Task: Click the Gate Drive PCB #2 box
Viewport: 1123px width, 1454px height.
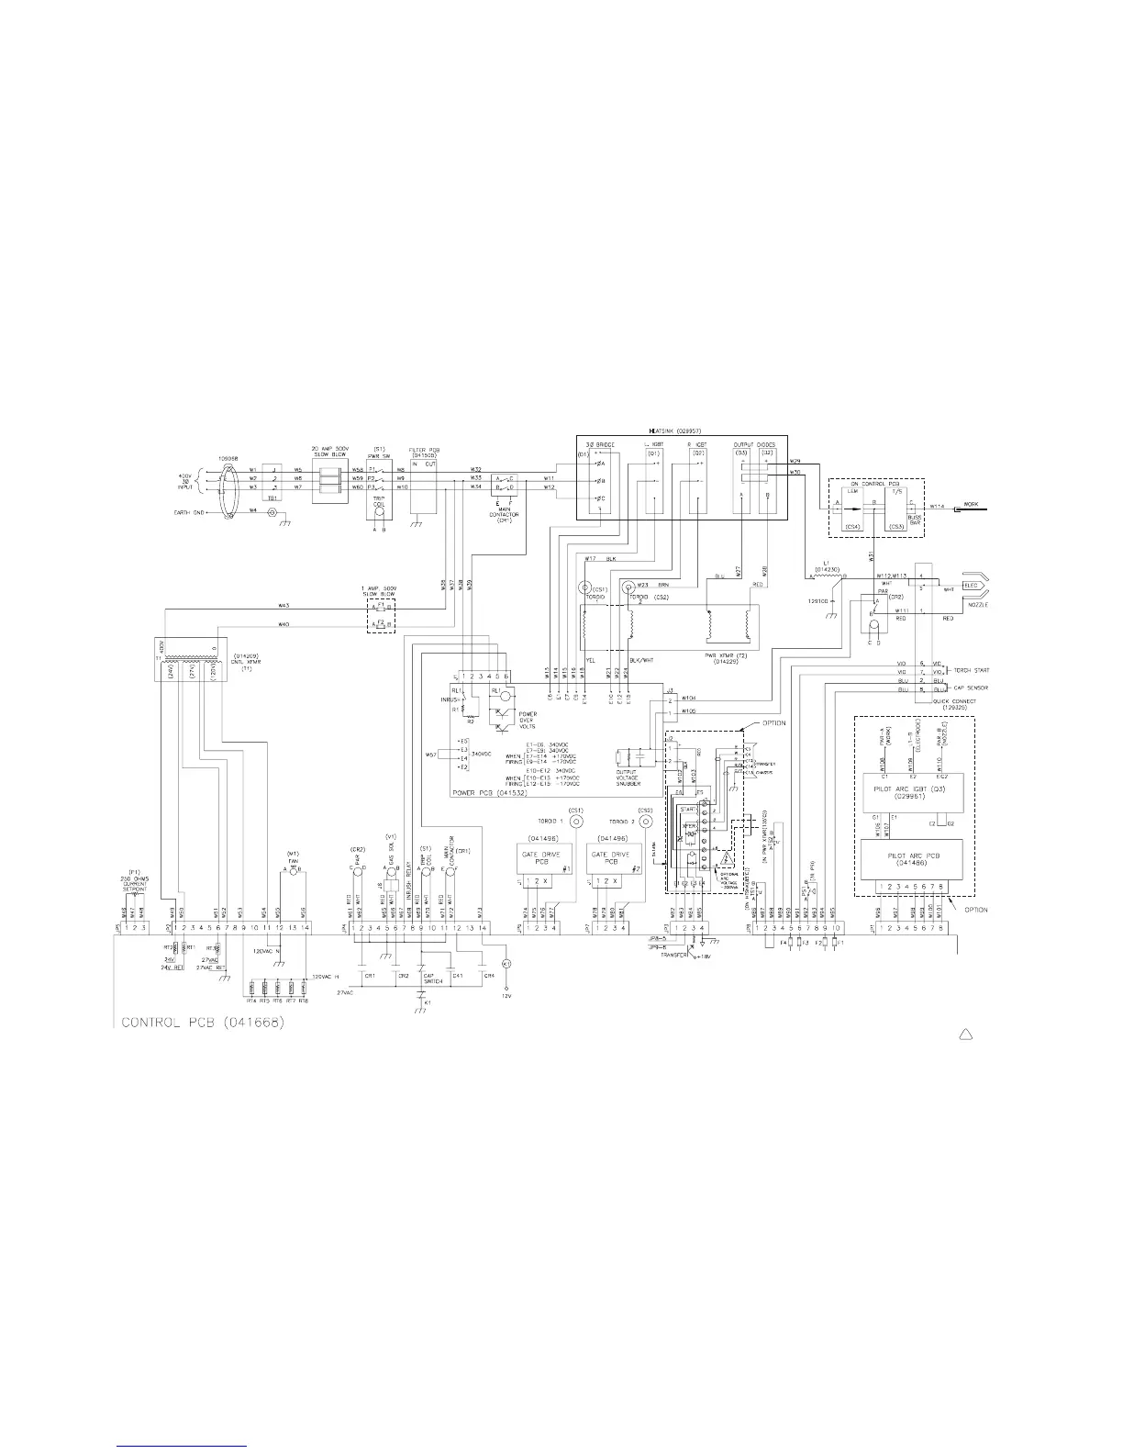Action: pos(616,857)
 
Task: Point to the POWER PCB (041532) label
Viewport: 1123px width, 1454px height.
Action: pos(485,790)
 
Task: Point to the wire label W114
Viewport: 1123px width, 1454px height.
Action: pos(937,505)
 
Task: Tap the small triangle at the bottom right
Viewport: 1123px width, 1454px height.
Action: pos(965,1035)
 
